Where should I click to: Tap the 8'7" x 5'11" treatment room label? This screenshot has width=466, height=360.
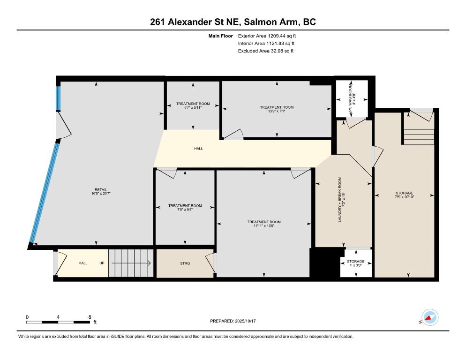(193, 105)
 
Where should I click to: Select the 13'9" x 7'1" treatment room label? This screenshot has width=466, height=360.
(277, 109)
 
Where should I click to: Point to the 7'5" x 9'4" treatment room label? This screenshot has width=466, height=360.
(185, 208)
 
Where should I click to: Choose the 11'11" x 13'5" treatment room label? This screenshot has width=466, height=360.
(264, 224)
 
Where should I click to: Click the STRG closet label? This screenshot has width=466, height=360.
(185, 263)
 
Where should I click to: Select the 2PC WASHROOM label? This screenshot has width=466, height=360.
(352, 98)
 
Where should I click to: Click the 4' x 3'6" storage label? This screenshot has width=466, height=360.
(355, 264)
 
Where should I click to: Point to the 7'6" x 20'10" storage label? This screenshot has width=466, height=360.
(404, 195)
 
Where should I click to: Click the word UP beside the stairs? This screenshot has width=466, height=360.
(102, 263)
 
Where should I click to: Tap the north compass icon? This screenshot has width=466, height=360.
(429, 317)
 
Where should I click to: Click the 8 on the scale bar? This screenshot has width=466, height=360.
(90, 317)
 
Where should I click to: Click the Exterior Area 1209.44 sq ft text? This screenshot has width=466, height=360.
(267, 36)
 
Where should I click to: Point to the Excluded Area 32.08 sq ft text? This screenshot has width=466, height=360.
(266, 51)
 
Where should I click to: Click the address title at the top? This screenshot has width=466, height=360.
(233, 22)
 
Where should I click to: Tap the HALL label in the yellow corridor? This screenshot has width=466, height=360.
(198, 149)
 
